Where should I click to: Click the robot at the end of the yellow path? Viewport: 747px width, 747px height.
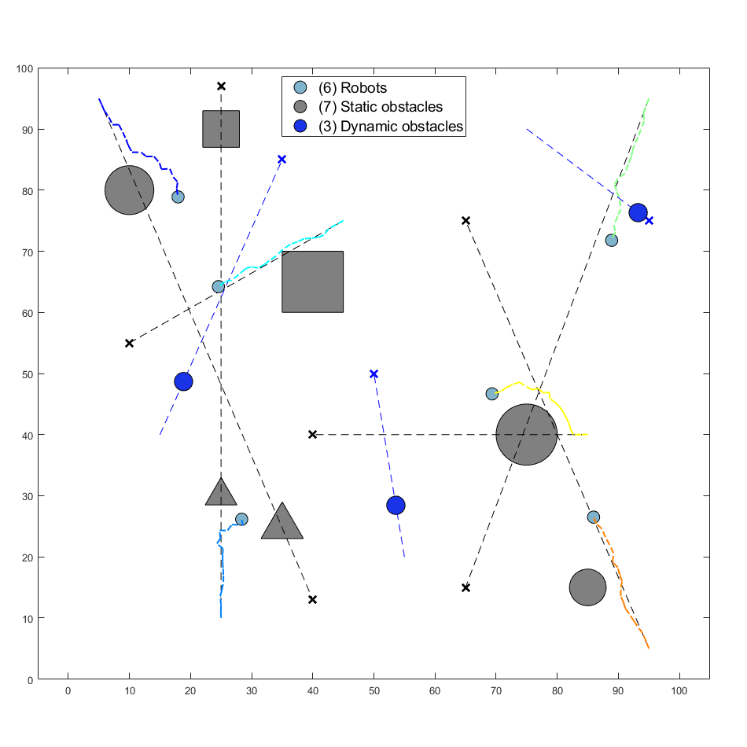(492, 393)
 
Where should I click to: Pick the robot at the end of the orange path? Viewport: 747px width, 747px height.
(594, 517)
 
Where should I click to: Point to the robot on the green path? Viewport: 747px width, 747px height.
(611, 240)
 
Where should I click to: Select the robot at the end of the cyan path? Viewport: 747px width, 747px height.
(219, 286)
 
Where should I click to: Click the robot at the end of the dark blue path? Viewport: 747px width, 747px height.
(178, 197)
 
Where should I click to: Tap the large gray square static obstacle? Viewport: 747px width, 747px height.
(313, 282)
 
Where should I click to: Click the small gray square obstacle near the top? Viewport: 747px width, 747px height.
(221, 129)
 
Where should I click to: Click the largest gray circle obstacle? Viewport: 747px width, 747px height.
(527, 434)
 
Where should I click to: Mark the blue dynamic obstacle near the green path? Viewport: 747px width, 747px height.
(638, 212)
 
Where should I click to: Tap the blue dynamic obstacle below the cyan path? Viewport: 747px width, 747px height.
(183, 381)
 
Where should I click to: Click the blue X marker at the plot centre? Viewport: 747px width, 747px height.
(373, 373)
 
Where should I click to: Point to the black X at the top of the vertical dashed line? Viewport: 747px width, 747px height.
(221, 86)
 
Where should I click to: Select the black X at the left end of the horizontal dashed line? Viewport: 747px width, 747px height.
(313, 434)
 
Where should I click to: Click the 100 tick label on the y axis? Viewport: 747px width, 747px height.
(24, 69)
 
